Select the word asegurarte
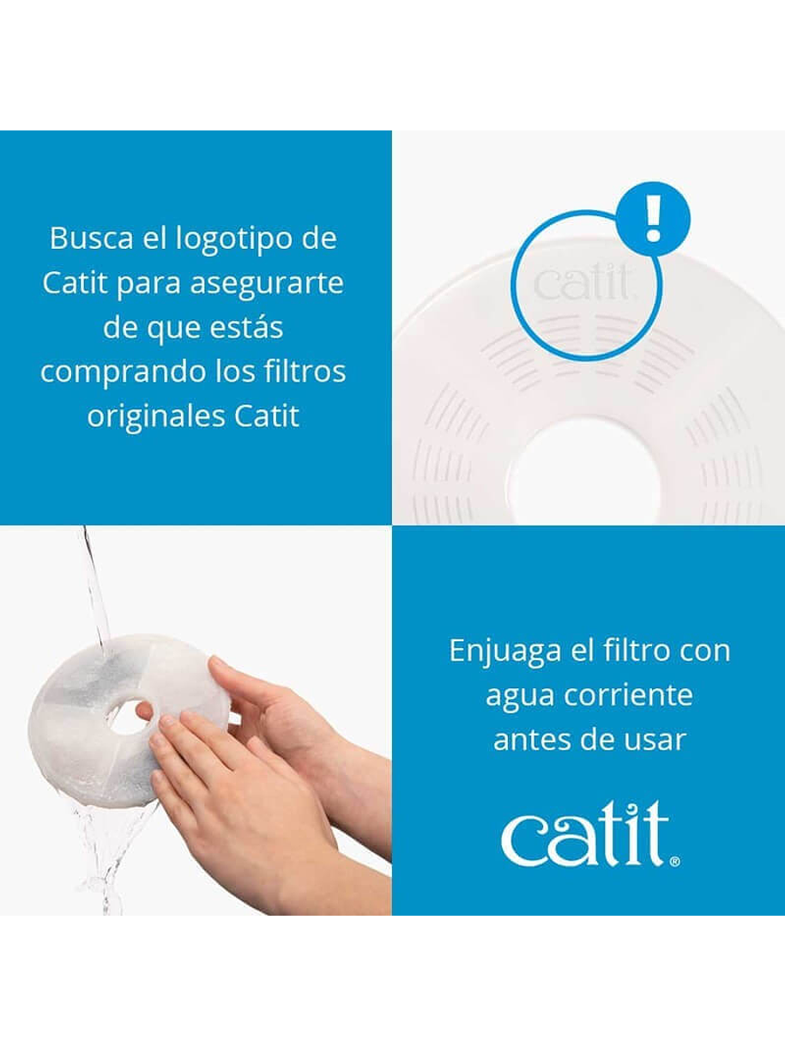pyautogui.click(x=267, y=284)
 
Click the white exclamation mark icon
pyautogui.click(x=653, y=219)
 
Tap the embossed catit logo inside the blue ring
pyautogui.click(x=582, y=283)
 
